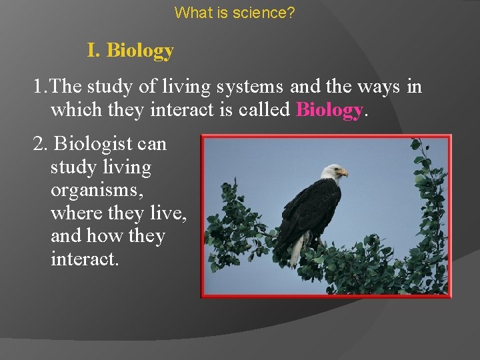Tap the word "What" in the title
click(x=190, y=12)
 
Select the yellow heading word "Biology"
click(x=140, y=51)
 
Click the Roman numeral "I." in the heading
click(x=95, y=51)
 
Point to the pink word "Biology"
click(x=329, y=109)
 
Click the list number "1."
click(x=41, y=87)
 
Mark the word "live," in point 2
click(x=169, y=213)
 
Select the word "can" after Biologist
click(x=153, y=144)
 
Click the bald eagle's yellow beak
click(x=343, y=173)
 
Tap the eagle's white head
click(x=331, y=172)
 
